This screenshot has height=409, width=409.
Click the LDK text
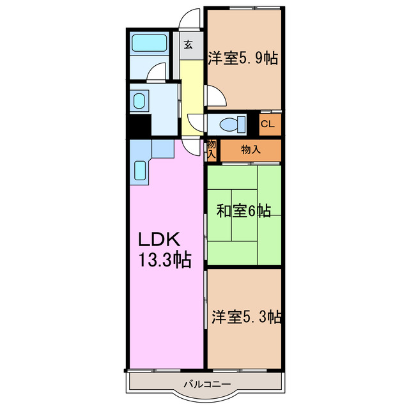[x=162, y=240]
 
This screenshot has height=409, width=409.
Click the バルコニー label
[x=206, y=383]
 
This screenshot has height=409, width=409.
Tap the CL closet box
[x=269, y=124]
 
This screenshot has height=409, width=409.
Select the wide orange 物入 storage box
[x=250, y=150]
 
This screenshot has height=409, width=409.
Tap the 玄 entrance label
[x=189, y=45]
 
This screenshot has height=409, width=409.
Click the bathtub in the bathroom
[x=149, y=43]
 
